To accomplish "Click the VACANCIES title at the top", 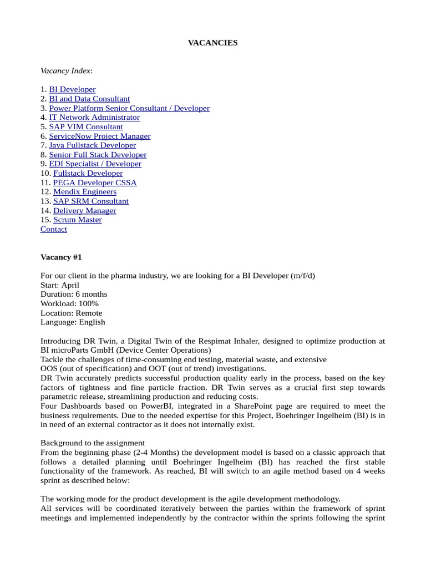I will [x=212, y=43].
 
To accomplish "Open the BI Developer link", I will [x=72, y=89].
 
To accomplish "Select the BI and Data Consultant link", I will [x=89, y=99].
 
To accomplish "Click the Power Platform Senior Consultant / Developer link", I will [x=129, y=108].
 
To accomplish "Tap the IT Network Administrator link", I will [x=94, y=118].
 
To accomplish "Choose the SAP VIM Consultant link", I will [x=86, y=127].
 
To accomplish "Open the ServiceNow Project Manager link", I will [x=100, y=136].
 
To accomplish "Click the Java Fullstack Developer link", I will [x=92, y=145].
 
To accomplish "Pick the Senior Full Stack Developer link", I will [x=98, y=155].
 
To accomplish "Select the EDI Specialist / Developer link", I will [x=95, y=164].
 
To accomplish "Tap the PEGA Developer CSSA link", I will [x=95, y=182].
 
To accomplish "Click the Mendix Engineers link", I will [x=85, y=192].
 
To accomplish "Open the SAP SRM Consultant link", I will [x=91, y=201].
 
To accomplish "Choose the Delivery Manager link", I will [x=85, y=211].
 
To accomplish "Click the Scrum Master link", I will [x=78, y=220].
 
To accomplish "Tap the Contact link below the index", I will [x=54, y=229].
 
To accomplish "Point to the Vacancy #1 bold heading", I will [x=61, y=257].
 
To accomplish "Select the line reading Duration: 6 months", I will [x=74, y=294].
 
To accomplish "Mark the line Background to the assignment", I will [x=93, y=443].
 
